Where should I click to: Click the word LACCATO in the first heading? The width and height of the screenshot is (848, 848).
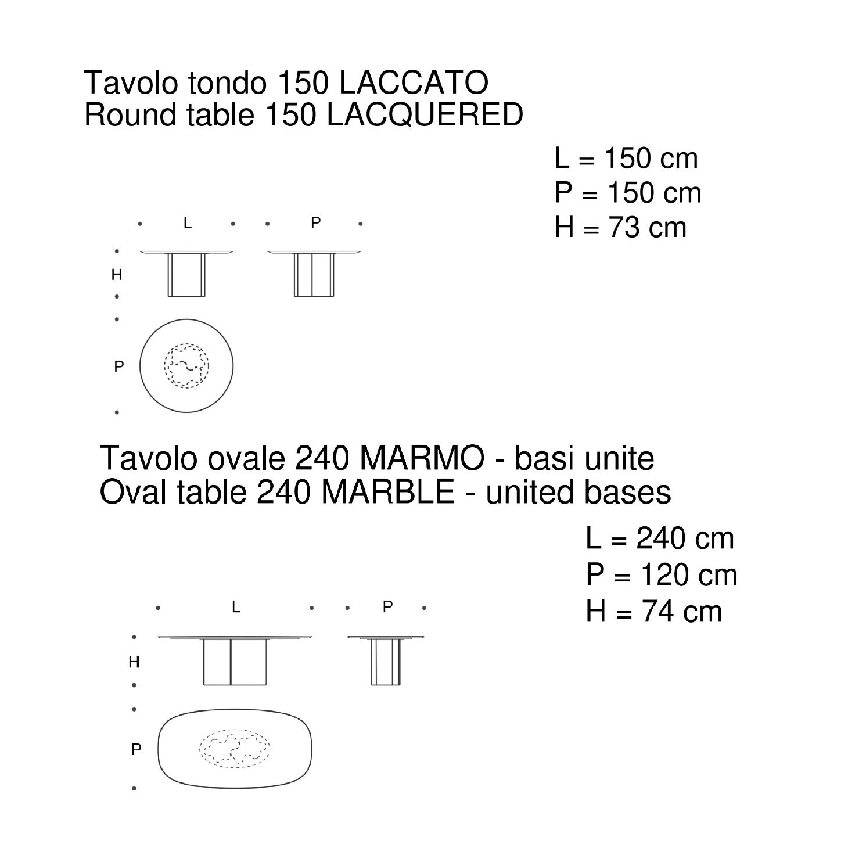pyautogui.click(x=413, y=83)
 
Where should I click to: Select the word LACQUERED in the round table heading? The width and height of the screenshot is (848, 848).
pyautogui.click(x=425, y=115)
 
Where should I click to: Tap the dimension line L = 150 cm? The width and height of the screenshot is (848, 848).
pyautogui.click(x=626, y=159)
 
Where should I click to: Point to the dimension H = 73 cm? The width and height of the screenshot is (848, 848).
pyautogui.click(x=620, y=228)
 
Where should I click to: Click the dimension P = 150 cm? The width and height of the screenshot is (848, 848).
pyautogui.click(x=628, y=193)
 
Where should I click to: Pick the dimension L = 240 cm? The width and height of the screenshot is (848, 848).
pyautogui.click(x=660, y=539)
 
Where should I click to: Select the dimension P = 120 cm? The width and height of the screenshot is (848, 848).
pyautogui.click(x=661, y=575)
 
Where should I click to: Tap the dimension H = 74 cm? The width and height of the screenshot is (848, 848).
pyautogui.click(x=654, y=612)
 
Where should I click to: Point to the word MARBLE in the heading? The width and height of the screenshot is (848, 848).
pyautogui.click(x=389, y=493)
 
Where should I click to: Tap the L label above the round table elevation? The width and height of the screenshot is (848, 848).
pyautogui.click(x=187, y=223)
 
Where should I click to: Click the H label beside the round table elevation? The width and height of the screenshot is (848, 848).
pyautogui.click(x=117, y=275)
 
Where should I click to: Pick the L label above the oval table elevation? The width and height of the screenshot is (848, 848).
pyautogui.click(x=235, y=608)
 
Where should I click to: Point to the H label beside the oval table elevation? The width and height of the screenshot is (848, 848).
pyautogui.click(x=134, y=662)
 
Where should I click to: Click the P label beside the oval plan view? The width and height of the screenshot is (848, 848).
pyautogui.click(x=136, y=750)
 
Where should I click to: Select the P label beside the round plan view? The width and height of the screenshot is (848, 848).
pyautogui.click(x=119, y=366)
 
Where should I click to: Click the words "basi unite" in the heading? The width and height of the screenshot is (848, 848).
pyautogui.click(x=584, y=459)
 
